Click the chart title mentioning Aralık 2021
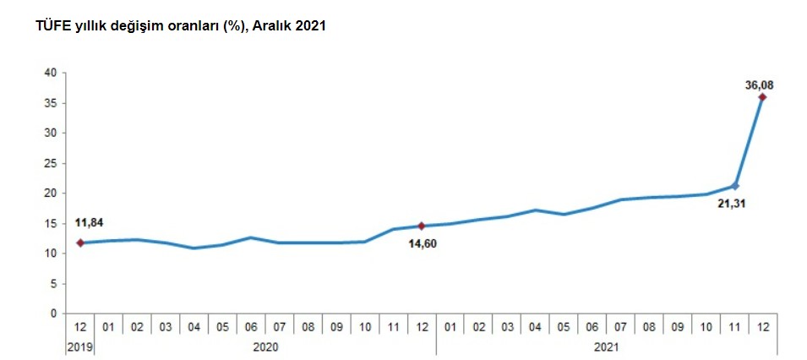pyautogui.click(x=181, y=26)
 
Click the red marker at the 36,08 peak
pyautogui.click(x=762, y=97)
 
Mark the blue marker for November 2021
pyautogui.click(x=735, y=186)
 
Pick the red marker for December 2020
pyautogui.click(x=422, y=226)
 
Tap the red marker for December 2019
pyautogui.click(x=80, y=243)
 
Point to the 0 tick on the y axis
pyautogui.click(x=52, y=314)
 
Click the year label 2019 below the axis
pyautogui.click(x=80, y=346)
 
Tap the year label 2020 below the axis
pyautogui.click(x=265, y=346)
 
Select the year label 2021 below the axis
pyautogui.click(x=606, y=346)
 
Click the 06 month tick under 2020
pyautogui.click(x=251, y=325)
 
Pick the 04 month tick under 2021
pyautogui.click(x=535, y=325)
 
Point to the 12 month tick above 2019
pyautogui.click(x=80, y=325)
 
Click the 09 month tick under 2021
pyautogui.click(x=677, y=325)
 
